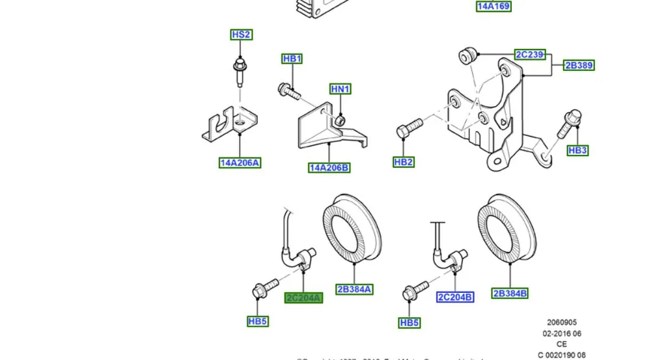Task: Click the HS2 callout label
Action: tap(241, 35)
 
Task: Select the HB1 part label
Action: tap(292, 59)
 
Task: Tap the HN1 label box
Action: tap(340, 89)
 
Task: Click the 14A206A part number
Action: tap(240, 163)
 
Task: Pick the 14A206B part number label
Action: tap(329, 168)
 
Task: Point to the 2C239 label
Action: tap(529, 55)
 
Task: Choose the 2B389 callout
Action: tap(579, 65)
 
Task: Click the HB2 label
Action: tap(404, 161)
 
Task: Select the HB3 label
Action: tap(577, 150)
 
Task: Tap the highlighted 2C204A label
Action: tap(304, 298)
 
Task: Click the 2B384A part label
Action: tap(354, 289)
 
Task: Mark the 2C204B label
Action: tap(455, 297)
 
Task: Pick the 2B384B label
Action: tap(509, 293)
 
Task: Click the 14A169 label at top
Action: tap(493, 7)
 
